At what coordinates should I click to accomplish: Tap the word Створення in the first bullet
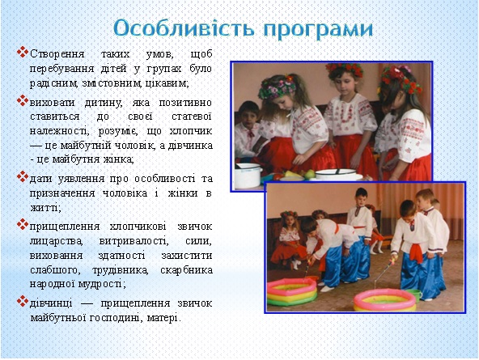tap(57, 54)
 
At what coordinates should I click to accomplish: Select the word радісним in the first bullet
tap(53, 83)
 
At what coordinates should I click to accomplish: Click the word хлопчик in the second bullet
tap(191, 131)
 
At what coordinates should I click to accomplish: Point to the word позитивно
tap(185, 102)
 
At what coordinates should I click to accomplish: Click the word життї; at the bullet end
tap(46, 208)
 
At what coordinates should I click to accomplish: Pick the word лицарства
tap(56, 241)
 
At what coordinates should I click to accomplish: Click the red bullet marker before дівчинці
tap(23, 302)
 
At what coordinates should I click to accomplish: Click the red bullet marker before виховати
tap(23, 101)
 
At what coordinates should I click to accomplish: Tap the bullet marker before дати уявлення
tap(23, 176)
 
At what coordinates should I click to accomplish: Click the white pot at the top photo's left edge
tap(248, 176)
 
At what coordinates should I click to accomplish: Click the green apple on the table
tap(310, 174)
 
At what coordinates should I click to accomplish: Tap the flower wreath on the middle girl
tap(345, 70)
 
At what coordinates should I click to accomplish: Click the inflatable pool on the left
tap(292, 291)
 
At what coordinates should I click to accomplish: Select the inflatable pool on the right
tap(384, 300)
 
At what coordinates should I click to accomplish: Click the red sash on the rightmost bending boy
tap(416, 251)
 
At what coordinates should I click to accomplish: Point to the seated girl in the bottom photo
tap(288, 239)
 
